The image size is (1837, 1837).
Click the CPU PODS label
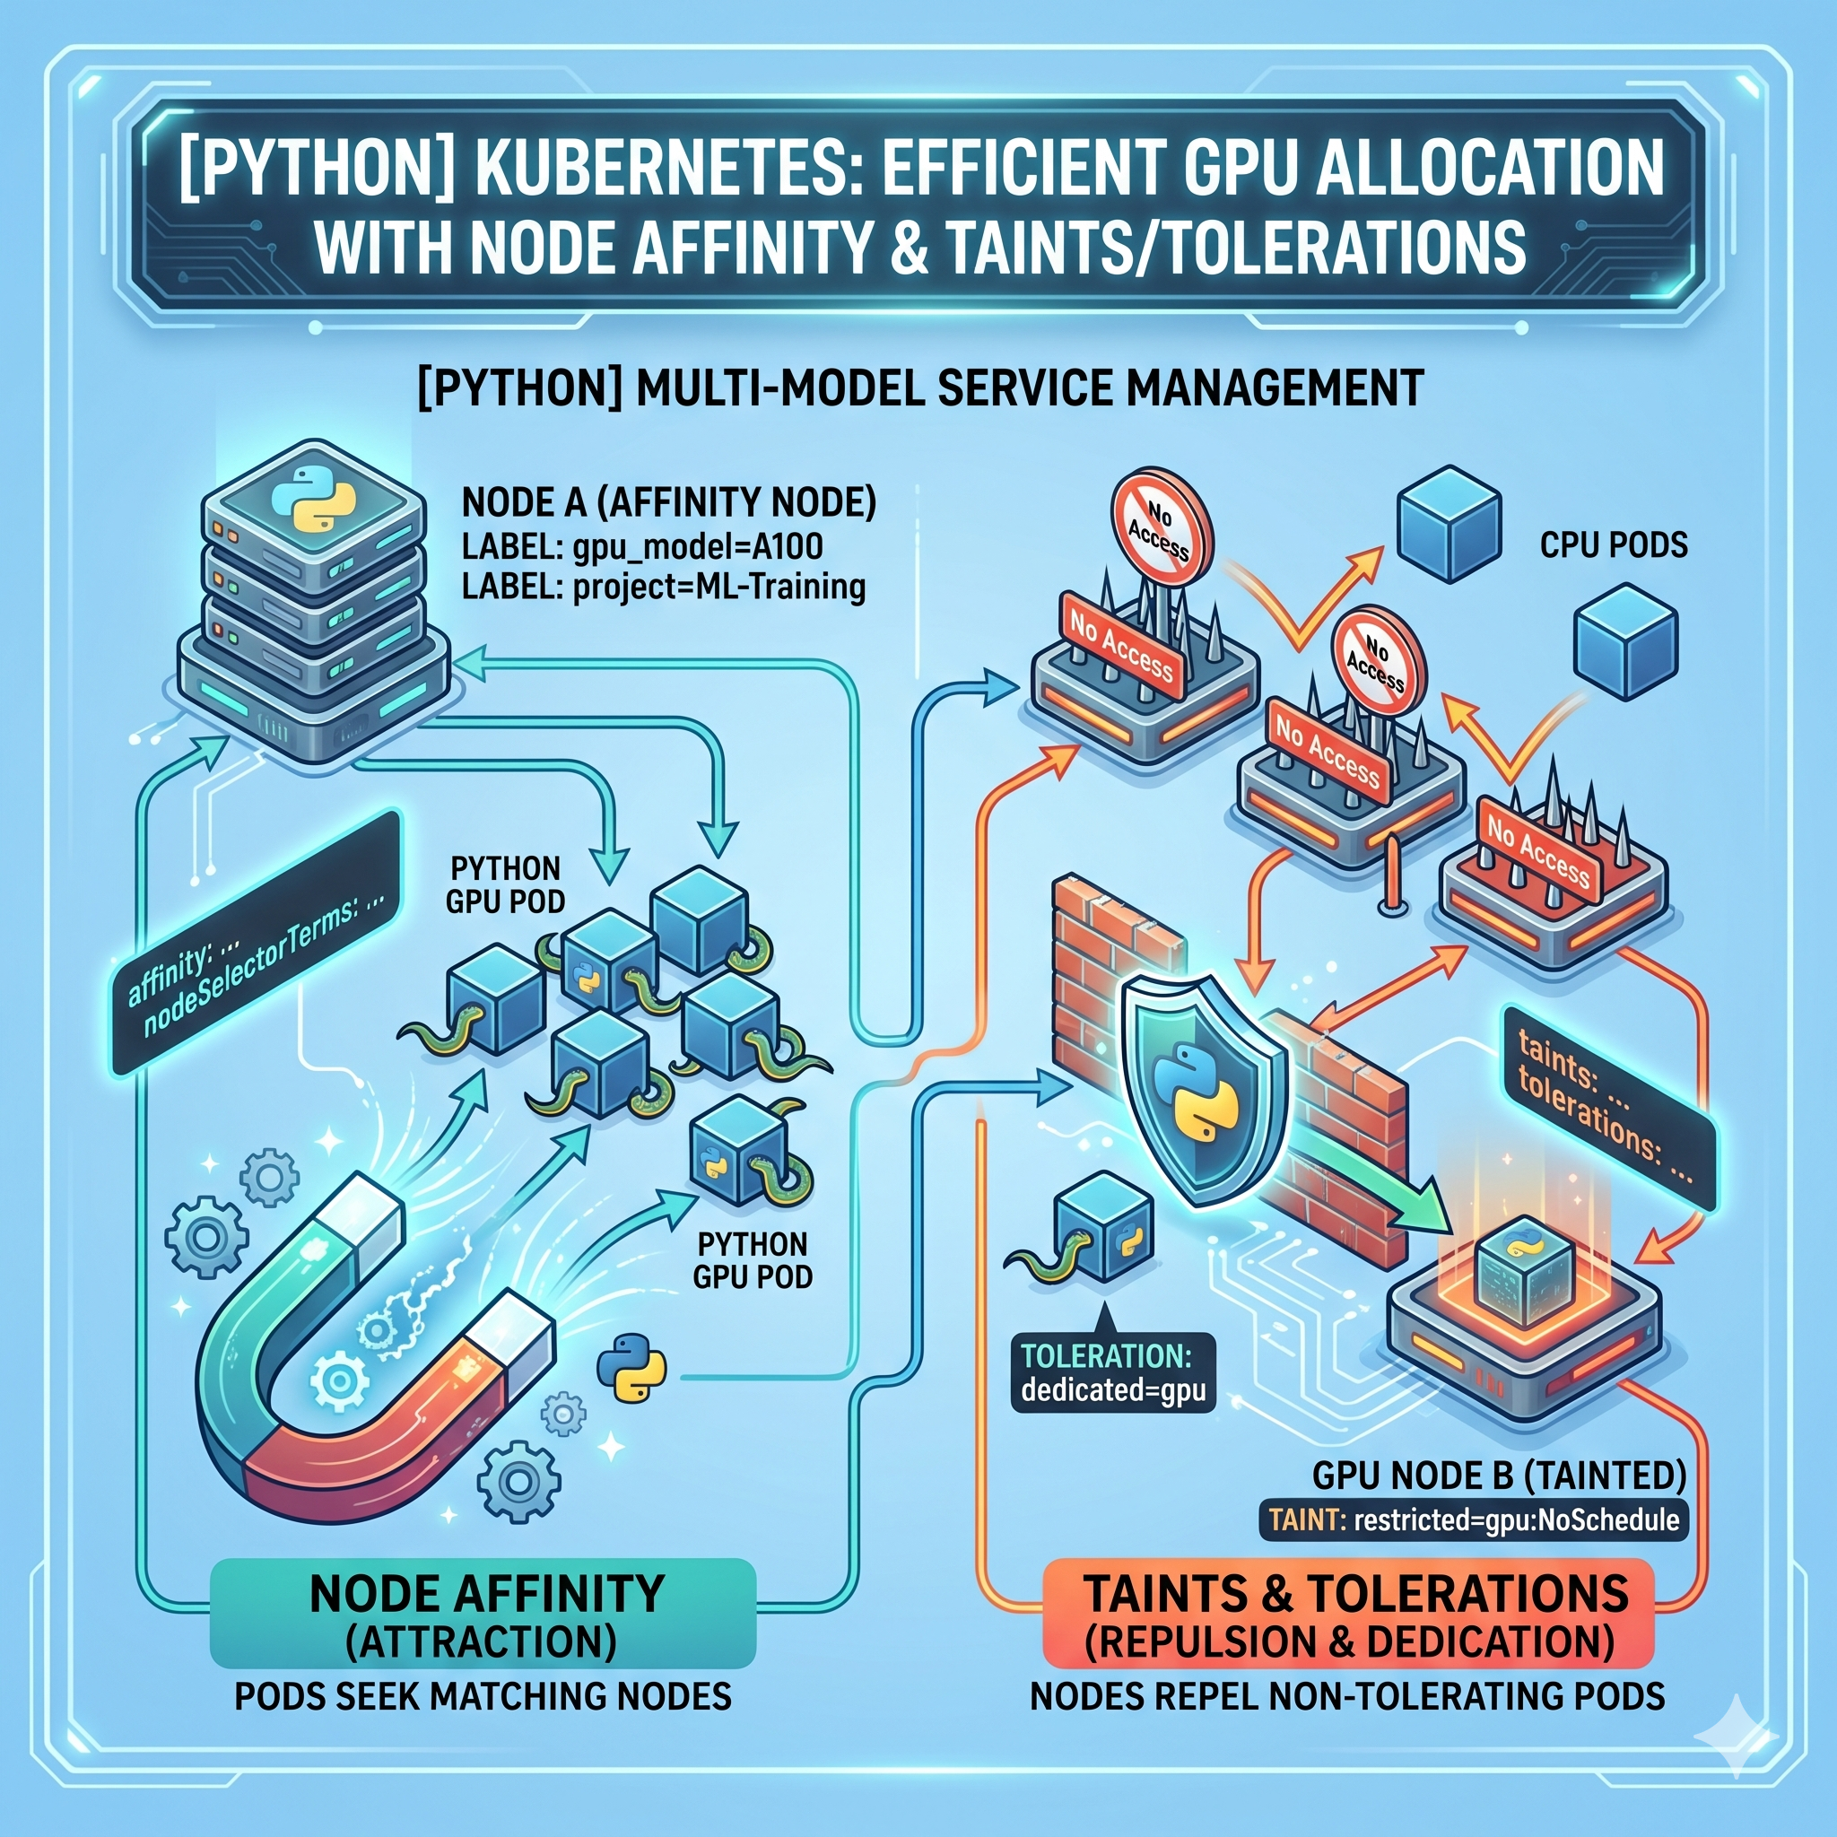coord(1613,544)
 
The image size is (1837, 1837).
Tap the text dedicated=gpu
coord(1112,1391)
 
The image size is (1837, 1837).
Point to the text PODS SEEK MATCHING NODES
coord(483,1695)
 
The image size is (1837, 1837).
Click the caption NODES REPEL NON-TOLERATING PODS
coord(1347,1695)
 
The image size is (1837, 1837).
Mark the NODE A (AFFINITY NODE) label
coord(668,503)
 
